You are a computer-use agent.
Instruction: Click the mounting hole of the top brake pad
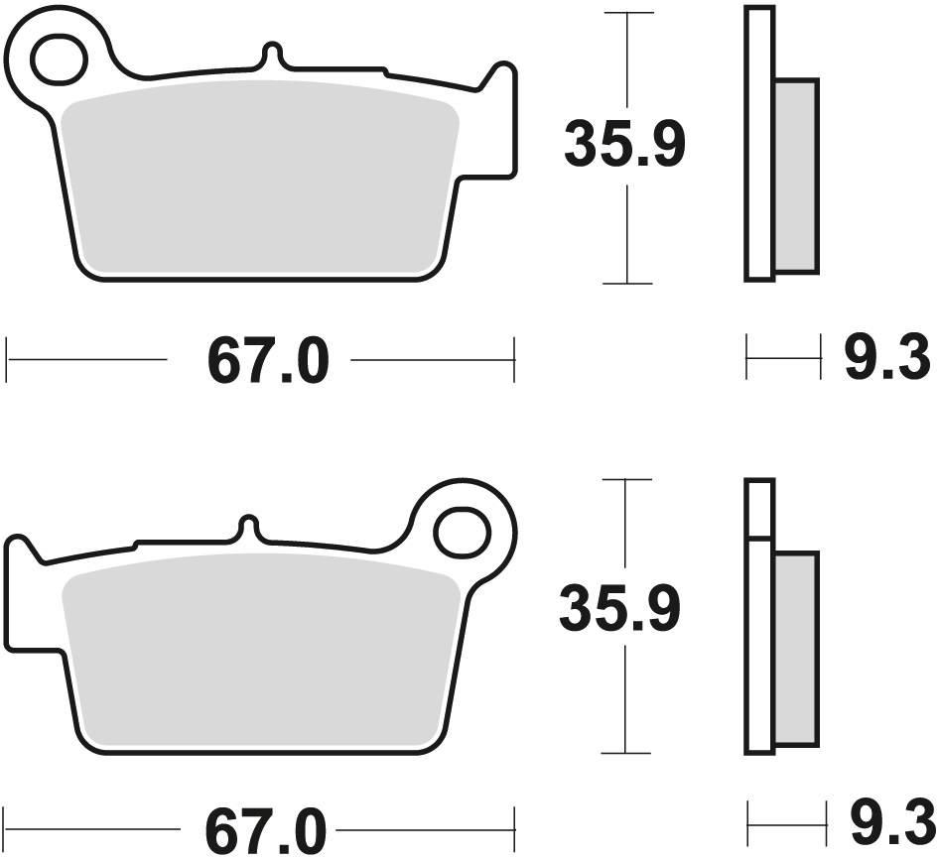60,60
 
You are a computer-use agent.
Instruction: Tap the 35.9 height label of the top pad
624,146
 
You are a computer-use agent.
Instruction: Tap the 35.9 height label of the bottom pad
620,609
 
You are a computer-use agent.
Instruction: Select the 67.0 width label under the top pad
267,362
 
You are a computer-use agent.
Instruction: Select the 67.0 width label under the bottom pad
267,828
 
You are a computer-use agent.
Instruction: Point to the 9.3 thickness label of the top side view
886,359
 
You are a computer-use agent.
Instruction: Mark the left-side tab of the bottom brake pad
20,595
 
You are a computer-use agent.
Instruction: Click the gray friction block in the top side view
796,176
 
